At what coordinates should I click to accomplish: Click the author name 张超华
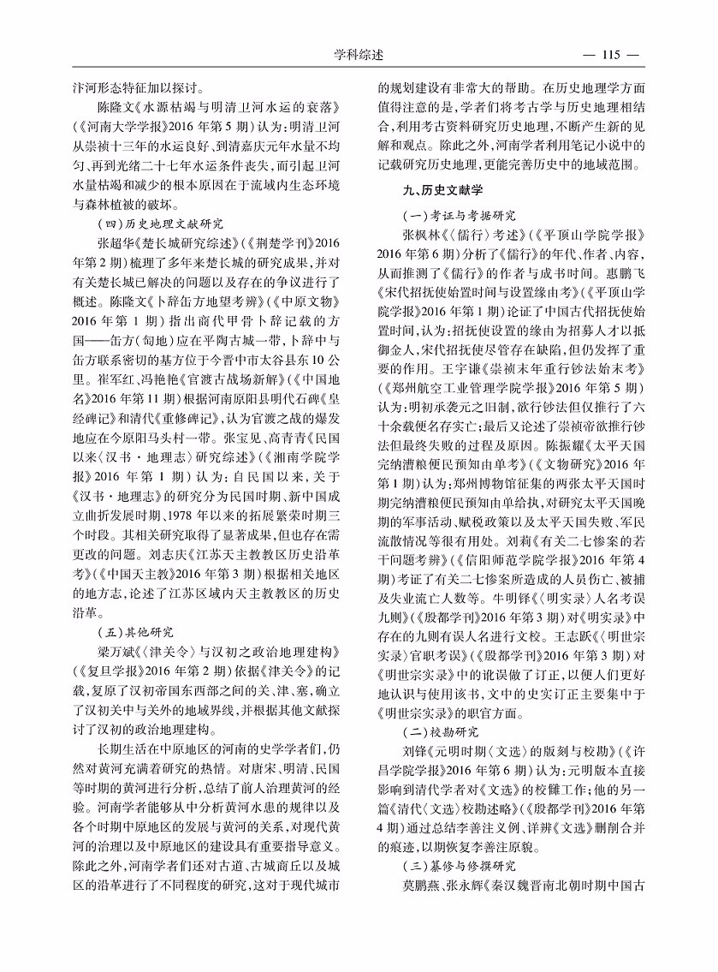click(116, 242)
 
